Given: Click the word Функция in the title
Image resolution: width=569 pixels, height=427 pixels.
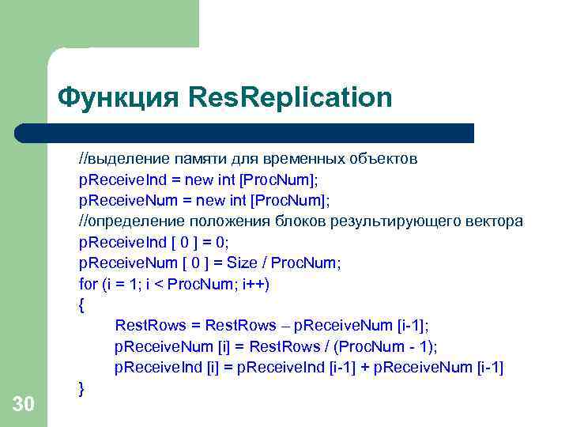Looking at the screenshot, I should (119, 98).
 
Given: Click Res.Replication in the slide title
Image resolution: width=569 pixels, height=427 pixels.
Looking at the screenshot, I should (290, 98).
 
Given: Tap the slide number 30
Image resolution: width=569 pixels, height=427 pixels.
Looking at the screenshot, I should (24, 405).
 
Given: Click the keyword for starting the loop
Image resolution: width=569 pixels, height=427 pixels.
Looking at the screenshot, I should (89, 283).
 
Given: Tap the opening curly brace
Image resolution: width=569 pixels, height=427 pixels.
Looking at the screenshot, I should (81, 304).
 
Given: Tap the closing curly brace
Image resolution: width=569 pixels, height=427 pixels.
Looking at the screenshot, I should (81, 387).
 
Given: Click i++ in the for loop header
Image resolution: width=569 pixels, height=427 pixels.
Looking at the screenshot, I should (255, 283).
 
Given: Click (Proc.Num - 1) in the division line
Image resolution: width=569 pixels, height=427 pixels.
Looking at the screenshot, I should (389, 346).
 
